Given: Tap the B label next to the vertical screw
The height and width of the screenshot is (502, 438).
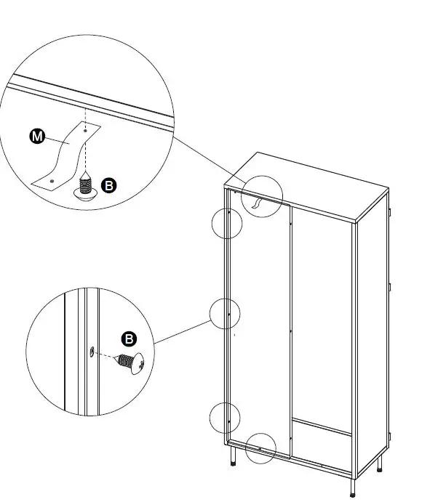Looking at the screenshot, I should pyautogui.click(x=108, y=186).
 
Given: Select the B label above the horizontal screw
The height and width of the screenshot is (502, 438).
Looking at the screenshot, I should pyautogui.click(x=129, y=339).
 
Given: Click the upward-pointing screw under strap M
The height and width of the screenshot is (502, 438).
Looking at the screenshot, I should pyautogui.click(x=86, y=187).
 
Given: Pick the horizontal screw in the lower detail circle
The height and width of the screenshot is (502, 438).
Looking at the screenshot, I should pyautogui.click(x=132, y=361).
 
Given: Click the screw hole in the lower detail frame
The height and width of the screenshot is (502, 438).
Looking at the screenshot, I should pyautogui.click(x=91, y=352).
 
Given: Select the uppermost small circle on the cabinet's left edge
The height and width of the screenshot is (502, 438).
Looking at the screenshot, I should pyautogui.click(x=226, y=224).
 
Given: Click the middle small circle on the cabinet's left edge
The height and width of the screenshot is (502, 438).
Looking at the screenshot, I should pyautogui.click(x=225, y=314).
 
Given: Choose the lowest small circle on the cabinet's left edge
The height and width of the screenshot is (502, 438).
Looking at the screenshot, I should pyautogui.click(x=225, y=419).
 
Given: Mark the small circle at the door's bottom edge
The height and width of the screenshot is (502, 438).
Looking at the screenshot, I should pyautogui.click(x=260, y=449).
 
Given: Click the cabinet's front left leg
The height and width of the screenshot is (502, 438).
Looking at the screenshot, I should pyautogui.click(x=233, y=457).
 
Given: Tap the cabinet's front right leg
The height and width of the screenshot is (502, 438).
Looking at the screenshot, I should pyautogui.click(x=353, y=486).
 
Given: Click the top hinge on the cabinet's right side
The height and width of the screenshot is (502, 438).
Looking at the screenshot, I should pyautogui.click(x=390, y=212).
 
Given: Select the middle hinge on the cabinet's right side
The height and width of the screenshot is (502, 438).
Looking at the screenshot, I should pyautogui.click(x=390, y=286).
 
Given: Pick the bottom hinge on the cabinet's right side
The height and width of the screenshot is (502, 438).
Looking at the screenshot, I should pyautogui.click(x=390, y=436).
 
